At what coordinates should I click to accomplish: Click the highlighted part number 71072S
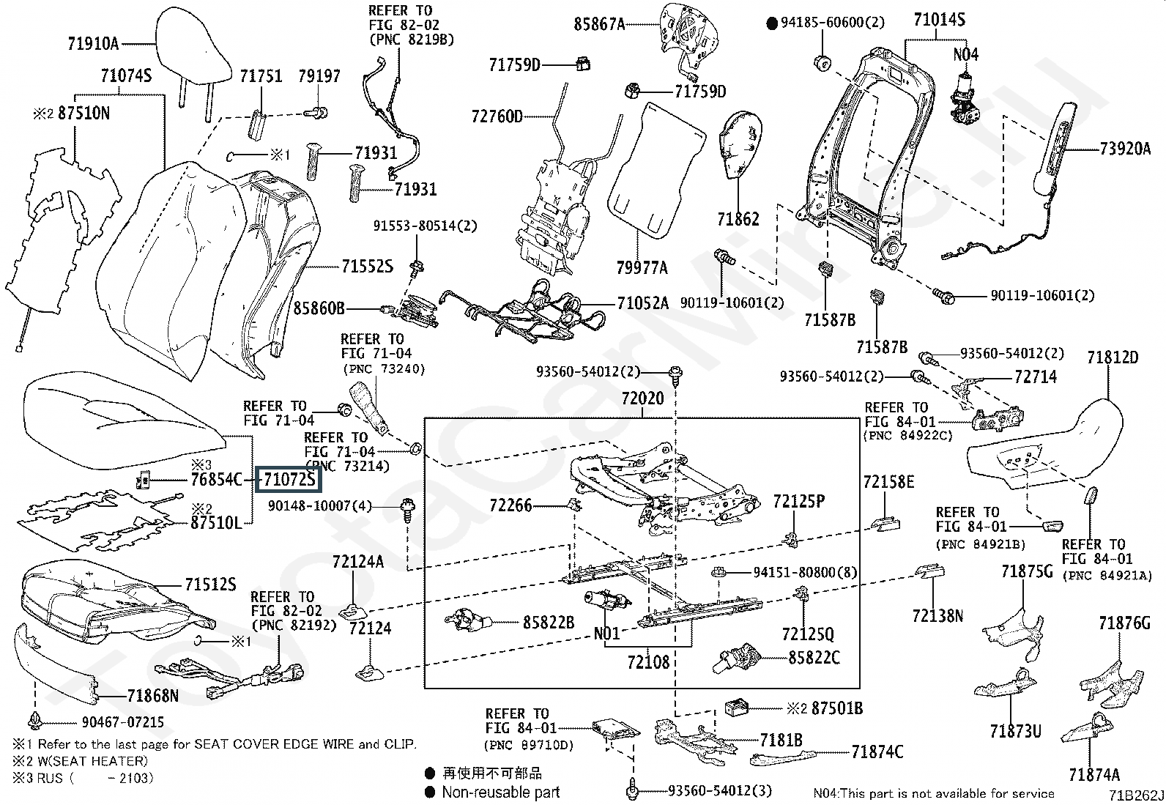(x=289, y=480)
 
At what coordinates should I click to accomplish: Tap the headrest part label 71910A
(x=92, y=44)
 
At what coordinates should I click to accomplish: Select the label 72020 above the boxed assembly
(x=642, y=399)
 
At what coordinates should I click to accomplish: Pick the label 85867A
(x=598, y=24)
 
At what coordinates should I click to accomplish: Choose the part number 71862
(x=738, y=219)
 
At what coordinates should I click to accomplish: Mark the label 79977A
(x=641, y=268)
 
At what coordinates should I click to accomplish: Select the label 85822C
(x=814, y=658)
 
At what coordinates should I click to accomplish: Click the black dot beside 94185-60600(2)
(x=771, y=23)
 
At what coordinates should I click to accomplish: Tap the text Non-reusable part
(x=500, y=792)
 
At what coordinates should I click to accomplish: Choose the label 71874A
(x=1094, y=775)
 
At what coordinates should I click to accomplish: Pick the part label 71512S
(x=210, y=585)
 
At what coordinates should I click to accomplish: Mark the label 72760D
(x=497, y=116)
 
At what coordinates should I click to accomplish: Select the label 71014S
(x=939, y=20)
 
